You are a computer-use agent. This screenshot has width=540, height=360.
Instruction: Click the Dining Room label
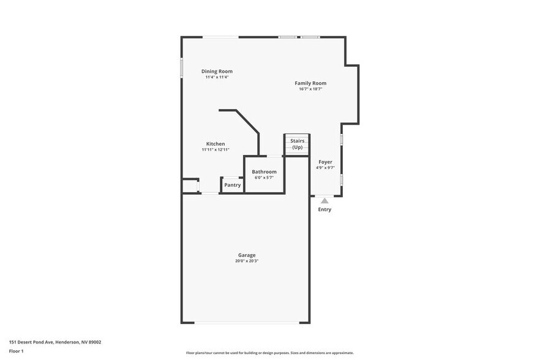pyautogui.click(x=217, y=71)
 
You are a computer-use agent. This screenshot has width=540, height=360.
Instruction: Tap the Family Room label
pyautogui.click(x=310, y=83)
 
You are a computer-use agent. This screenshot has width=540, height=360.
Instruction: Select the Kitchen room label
pyautogui.click(x=215, y=144)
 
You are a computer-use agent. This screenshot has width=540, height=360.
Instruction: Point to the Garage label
pyautogui.click(x=247, y=255)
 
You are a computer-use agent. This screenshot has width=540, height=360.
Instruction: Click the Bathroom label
pyautogui.click(x=264, y=171)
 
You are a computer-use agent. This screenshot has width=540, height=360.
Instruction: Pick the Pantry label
pyautogui.click(x=232, y=185)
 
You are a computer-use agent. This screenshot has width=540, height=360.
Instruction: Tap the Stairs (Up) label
pyautogui.click(x=297, y=144)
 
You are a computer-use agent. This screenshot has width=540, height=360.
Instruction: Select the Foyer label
pyautogui.click(x=325, y=162)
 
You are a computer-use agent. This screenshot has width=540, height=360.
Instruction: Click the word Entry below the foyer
pyautogui.click(x=324, y=209)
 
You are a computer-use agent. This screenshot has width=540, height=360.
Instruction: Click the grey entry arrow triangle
pyautogui.click(x=324, y=200)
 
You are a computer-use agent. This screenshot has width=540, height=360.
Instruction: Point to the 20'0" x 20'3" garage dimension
pyautogui.click(x=247, y=261)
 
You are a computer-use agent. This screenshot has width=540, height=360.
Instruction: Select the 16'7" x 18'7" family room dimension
pyautogui.click(x=310, y=89)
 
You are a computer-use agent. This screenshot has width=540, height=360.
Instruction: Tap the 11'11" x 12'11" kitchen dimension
pyautogui.click(x=216, y=150)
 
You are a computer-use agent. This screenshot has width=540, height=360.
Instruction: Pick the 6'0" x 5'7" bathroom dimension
pyautogui.click(x=264, y=178)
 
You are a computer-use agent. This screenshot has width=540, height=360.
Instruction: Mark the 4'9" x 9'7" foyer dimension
pyautogui.click(x=325, y=168)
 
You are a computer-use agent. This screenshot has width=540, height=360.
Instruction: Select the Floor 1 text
pyautogui.click(x=17, y=351)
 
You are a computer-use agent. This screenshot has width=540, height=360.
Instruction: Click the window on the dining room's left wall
pyautogui.click(x=182, y=67)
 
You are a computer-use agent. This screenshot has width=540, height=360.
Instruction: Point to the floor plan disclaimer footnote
pyautogui.click(x=269, y=353)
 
